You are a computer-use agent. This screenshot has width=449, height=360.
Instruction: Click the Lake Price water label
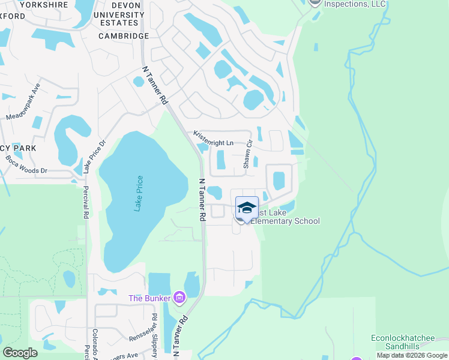(139, 193)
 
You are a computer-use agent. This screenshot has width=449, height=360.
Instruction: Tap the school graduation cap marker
(247, 208)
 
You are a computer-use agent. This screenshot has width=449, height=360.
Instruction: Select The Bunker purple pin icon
(179, 297)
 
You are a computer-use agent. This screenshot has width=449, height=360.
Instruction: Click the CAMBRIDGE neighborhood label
(123, 36)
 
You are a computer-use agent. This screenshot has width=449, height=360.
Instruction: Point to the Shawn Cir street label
(247, 157)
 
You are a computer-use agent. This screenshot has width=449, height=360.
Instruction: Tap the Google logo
(20, 353)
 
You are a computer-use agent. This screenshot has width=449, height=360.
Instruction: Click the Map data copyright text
(412, 355)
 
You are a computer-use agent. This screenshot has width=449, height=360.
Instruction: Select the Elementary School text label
(285, 221)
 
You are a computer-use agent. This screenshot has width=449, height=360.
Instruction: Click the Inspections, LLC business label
(355, 4)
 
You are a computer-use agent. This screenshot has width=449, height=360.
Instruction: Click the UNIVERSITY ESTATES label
(120, 18)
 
